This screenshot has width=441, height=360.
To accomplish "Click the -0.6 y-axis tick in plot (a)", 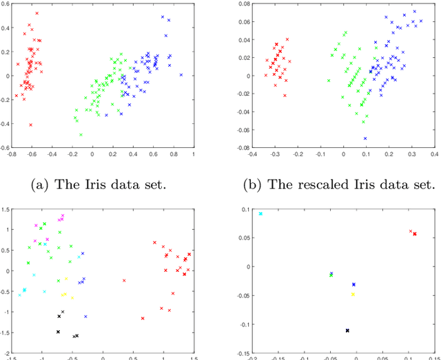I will [4, 147].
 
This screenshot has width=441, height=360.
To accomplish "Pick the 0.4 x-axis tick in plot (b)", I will [435, 154].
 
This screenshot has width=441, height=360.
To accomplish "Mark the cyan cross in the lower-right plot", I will [260, 213].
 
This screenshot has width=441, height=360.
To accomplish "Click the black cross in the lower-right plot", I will [347, 330].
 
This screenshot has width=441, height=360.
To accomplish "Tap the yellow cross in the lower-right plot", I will [353, 294].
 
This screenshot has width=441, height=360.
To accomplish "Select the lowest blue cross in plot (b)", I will [365, 138].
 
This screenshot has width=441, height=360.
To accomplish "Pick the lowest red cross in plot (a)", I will [30, 125].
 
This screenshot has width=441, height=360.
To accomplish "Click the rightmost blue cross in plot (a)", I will [181, 74].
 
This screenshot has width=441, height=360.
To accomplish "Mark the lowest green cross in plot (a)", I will [81, 134].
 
